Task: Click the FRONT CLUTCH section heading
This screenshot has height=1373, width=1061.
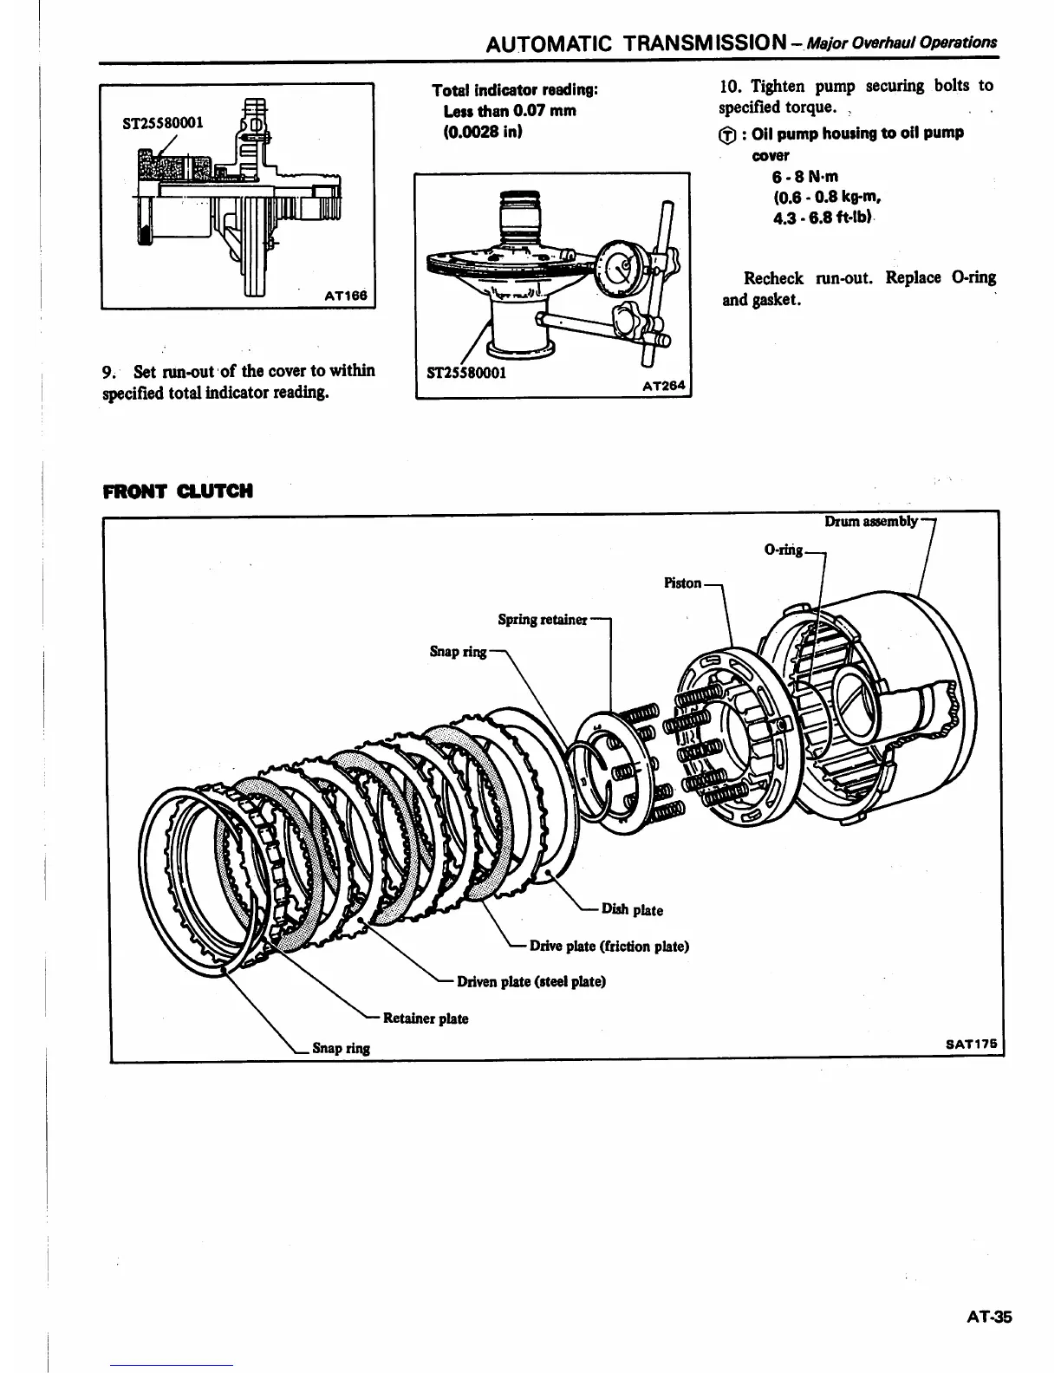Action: pos(178,491)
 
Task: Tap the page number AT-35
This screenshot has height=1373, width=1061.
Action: pos(989,1318)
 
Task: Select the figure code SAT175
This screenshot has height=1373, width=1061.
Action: pos(970,1044)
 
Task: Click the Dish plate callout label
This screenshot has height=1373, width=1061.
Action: pos(632,910)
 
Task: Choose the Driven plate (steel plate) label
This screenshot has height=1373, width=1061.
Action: pos(531,981)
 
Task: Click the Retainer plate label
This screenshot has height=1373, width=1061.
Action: pos(425,1018)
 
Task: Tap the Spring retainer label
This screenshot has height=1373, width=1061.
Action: pos(543,620)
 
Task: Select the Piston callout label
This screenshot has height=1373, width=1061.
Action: pos(682,582)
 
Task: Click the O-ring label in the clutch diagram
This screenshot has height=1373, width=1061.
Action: pos(784,550)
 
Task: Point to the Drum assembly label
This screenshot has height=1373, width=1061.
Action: pos(870,521)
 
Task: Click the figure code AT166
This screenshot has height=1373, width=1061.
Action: pos(346,296)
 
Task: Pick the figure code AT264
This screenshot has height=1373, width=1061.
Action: pos(664,387)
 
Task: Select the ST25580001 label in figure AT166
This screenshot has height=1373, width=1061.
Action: pos(162,122)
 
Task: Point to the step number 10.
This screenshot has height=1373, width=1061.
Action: pos(730,86)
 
